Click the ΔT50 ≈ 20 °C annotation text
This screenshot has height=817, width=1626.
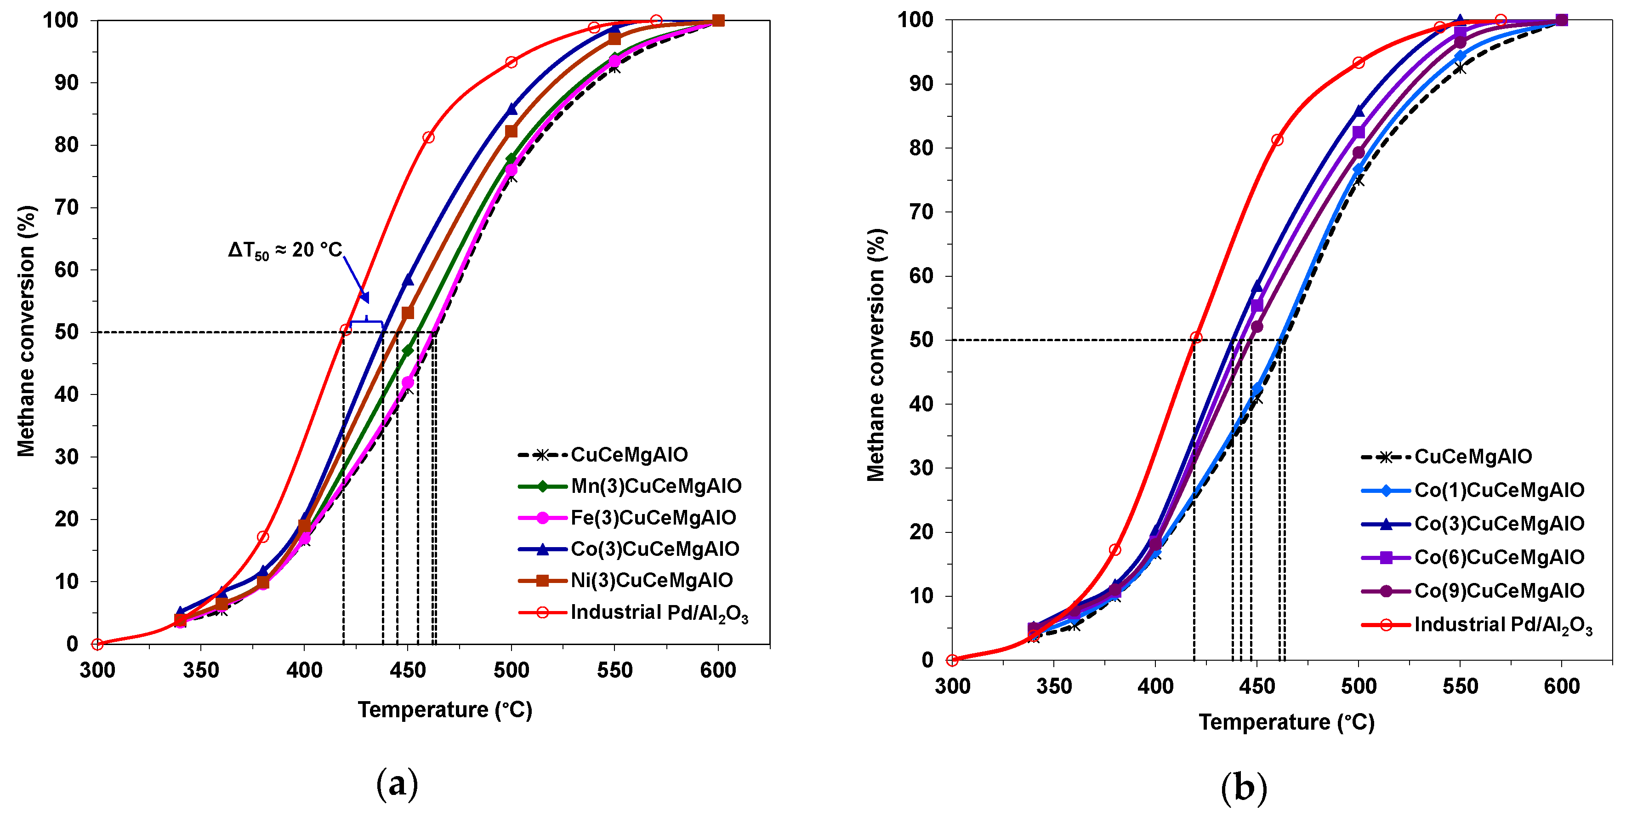(284, 251)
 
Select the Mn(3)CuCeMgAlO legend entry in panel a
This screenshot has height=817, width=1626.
(655, 486)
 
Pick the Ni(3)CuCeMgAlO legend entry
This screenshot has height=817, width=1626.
(651, 580)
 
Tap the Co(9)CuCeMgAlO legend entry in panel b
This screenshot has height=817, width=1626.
(1499, 591)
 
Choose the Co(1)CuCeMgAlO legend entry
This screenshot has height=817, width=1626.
(1499, 491)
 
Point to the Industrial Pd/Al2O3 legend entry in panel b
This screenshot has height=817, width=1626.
(1502, 625)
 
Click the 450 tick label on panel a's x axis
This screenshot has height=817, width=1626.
(408, 670)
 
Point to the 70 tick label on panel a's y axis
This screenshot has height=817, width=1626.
(66, 208)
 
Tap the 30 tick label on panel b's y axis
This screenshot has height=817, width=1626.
(921, 468)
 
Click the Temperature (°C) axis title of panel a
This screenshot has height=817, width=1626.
(445, 710)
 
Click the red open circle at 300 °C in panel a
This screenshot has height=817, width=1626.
(97, 644)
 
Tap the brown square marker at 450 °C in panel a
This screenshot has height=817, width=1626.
(408, 313)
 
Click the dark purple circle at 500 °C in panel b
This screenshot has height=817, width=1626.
(1359, 153)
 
